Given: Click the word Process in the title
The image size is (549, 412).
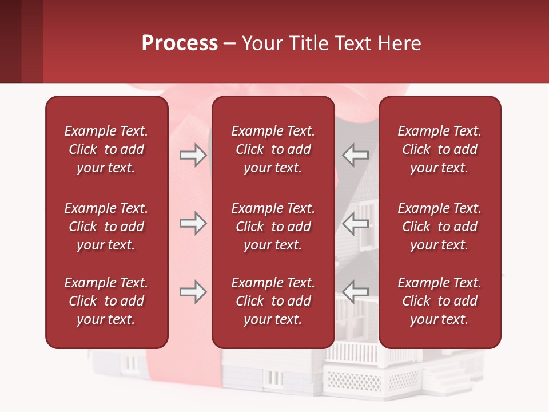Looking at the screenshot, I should (x=180, y=43).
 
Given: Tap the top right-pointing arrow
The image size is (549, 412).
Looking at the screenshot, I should (x=193, y=155).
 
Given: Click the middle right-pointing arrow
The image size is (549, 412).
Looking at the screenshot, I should (x=193, y=223).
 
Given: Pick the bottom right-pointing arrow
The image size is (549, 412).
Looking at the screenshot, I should (x=193, y=292).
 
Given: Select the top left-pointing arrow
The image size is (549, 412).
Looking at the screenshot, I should (x=356, y=155).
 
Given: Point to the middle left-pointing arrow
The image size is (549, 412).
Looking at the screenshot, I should (x=356, y=223).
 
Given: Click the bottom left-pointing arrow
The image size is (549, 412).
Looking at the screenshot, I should (x=356, y=292).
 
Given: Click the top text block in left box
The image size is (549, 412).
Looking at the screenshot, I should (x=106, y=149).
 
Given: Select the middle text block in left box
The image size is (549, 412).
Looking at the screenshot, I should (x=106, y=227).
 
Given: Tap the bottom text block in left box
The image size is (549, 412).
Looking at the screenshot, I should (x=106, y=301).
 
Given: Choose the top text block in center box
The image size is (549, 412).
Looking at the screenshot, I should (x=273, y=149).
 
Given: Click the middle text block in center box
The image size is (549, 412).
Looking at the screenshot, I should (x=273, y=227).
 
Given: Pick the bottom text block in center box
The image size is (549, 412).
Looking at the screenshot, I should (x=273, y=301).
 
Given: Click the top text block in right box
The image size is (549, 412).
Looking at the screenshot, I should (x=439, y=149).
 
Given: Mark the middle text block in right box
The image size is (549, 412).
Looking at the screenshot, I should (x=439, y=227).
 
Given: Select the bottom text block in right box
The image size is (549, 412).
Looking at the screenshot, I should (x=439, y=301).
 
